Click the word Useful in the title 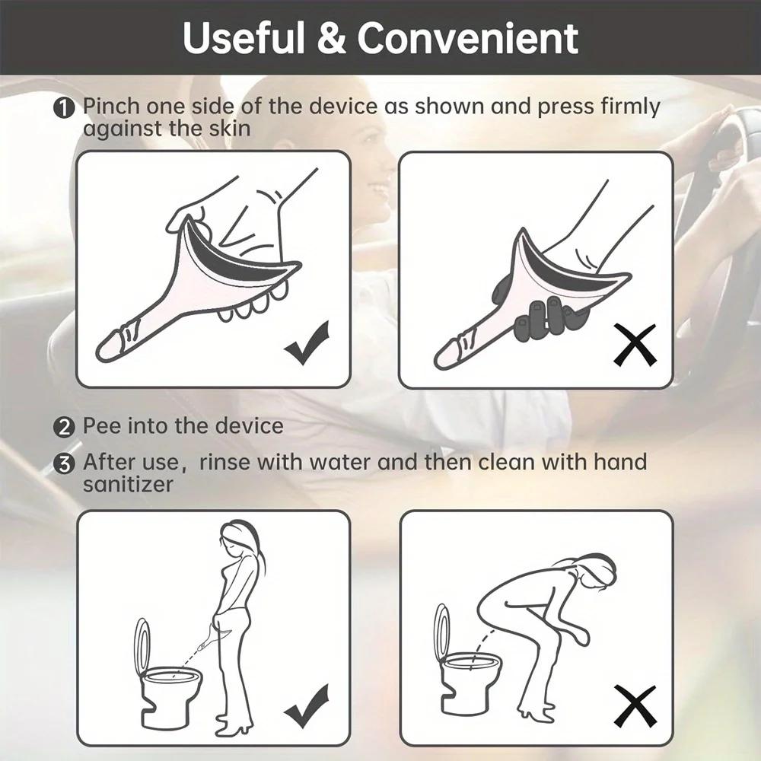pos(244,39)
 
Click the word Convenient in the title pos(467,39)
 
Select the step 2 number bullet pos(63,427)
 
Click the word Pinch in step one pos(112,107)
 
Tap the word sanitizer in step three pos(129,484)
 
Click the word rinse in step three pos(225,463)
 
